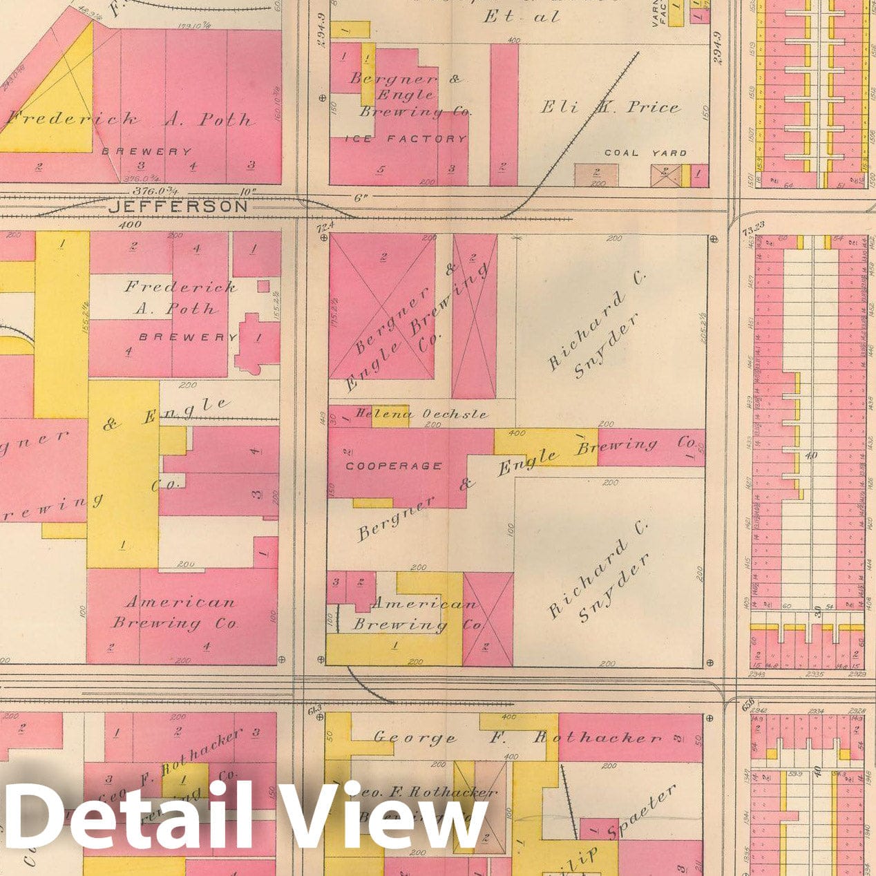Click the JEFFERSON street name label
pos(178,206)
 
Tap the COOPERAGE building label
pos(394,466)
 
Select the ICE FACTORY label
pos(406,139)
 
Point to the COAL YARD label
pos(645,153)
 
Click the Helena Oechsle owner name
pos(421,414)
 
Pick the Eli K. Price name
pos(609,107)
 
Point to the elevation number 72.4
pos(325,225)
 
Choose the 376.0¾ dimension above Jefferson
pos(155,191)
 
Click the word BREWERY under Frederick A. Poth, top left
pos(146,151)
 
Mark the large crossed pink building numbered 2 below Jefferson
pos(382,305)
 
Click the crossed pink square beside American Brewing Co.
pos(488,618)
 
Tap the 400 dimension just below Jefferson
pos(129,225)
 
